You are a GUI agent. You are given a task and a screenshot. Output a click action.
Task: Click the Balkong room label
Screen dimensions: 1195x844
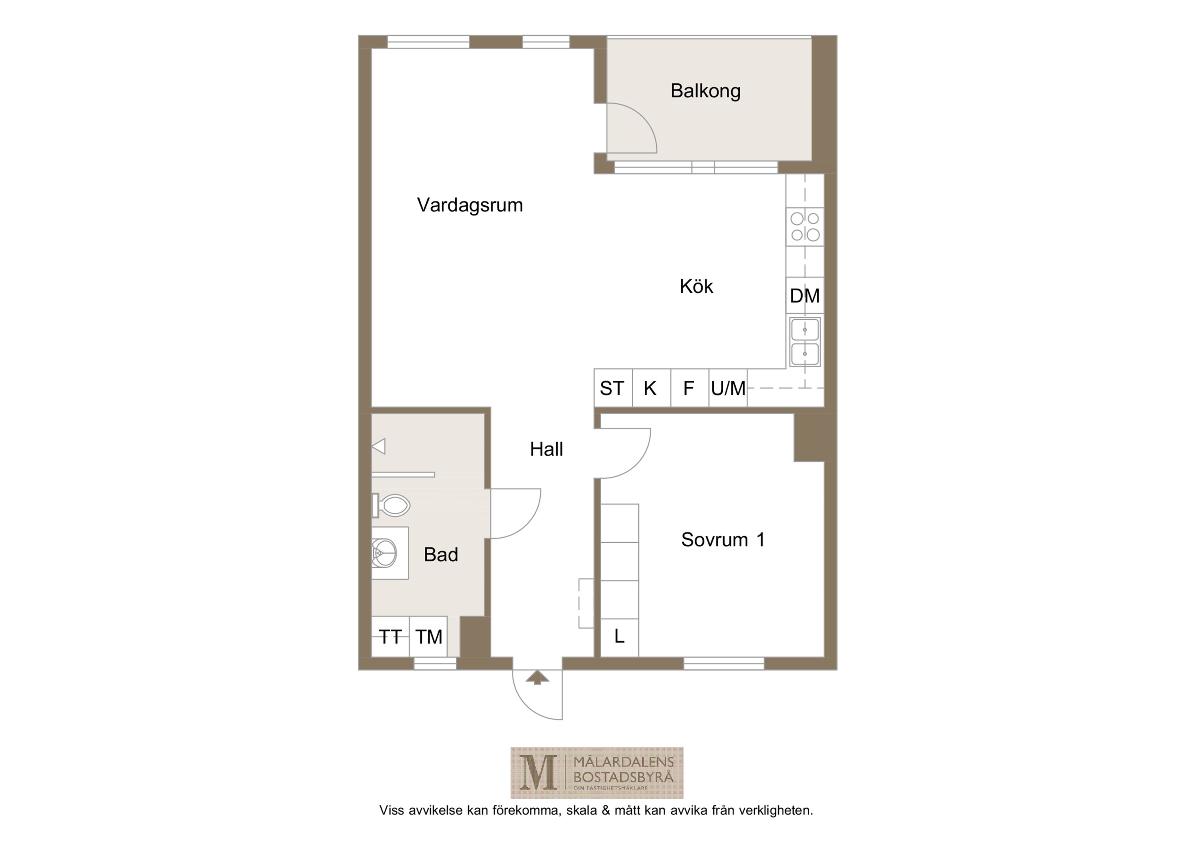pyautogui.click(x=705, y=91)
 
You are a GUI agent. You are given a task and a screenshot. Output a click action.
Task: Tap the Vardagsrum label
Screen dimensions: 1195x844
pyautogui.click(x=469, y=205)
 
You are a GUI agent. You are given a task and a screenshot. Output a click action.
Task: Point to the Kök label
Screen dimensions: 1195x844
pyautogui.click(x=696, y=286)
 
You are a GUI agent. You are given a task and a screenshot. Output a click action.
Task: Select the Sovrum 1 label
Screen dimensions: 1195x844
pyautogui.click(x=723, y=540)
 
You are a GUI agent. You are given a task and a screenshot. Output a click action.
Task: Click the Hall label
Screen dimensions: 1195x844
pyautogui.click(x=546, y=449)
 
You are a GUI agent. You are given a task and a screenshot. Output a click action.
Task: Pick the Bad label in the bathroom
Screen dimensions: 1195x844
pyautogui.click(x=441, y=555)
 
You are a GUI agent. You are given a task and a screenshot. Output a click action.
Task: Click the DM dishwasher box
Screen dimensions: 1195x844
pyautogui.click(x=804, y=295)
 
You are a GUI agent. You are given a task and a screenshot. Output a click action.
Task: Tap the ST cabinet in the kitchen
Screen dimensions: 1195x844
pyautogui.click(x=613, y=388)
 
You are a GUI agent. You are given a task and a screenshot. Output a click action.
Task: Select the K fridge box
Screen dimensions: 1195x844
pyautogui.click(x=651, y=388)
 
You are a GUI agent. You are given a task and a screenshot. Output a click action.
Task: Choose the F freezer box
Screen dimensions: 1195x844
pyautogui.click(x=689, y=388)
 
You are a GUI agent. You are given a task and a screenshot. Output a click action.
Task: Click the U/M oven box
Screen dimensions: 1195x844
pyautogui.click(x=727, y=388)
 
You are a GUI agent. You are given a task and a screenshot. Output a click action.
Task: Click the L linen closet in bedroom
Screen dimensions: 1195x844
pyautogui.click(x=619, y=637)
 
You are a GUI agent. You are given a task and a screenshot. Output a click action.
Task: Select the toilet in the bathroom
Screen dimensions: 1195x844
pyautogui.click(x=391, y=505)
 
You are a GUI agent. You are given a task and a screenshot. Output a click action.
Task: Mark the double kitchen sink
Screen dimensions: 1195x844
pyautogui.click(x=804, y=342)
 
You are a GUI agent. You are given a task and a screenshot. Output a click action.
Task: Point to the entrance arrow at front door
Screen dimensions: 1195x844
pyautogui.click(x=537, y=678)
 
